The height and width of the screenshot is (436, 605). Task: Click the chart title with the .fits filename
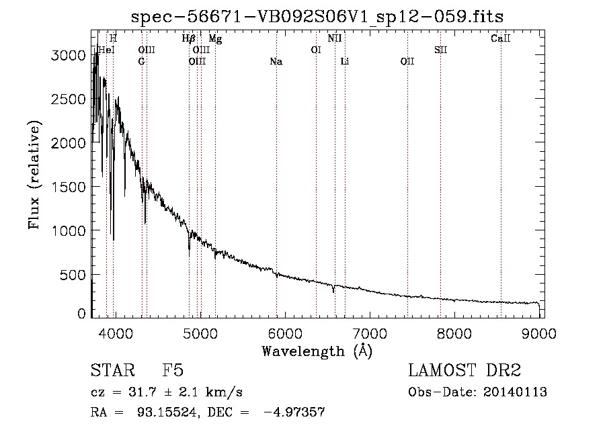(317, 17)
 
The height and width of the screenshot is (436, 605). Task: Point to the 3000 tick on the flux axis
(69, 56)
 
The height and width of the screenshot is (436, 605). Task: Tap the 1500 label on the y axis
(69, 187)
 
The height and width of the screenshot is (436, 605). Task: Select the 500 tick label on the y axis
(73, 275)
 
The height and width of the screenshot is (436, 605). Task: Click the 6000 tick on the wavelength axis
(285, 333)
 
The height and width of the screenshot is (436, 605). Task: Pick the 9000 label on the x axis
(539, 333)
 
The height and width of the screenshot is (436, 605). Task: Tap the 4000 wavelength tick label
(116, 333)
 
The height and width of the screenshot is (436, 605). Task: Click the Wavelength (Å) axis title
(317, 351)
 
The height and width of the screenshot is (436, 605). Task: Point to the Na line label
(276, 62)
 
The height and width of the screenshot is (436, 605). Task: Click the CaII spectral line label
(500, 38)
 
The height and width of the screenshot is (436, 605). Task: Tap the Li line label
(345, 62)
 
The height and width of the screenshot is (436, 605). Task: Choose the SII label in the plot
(440, 50)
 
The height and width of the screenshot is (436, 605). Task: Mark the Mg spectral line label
(215, 38)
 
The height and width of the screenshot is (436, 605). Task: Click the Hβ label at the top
(189, 38)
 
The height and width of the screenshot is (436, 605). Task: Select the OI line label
(316, 50)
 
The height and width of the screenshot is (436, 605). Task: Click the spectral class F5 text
(173, 370)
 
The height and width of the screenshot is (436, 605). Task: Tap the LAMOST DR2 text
(465, 370)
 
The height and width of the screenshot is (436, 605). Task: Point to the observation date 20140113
(515, 392)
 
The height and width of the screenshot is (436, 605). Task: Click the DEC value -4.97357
(294, 412)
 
